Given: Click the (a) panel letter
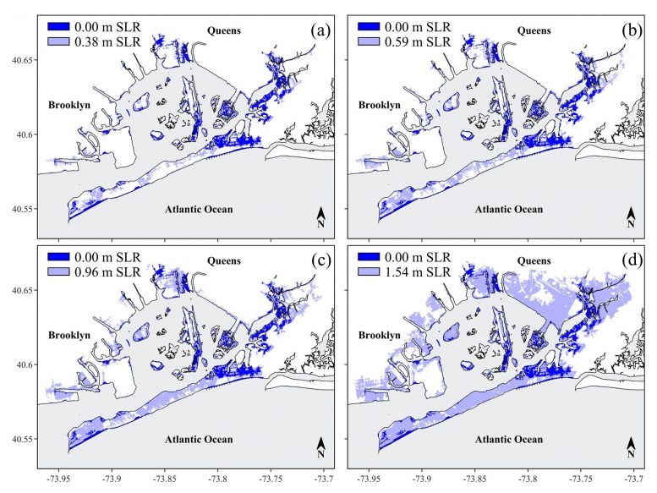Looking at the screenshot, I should click(x=320, y=31).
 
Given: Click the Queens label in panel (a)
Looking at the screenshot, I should click(x=224, y=30).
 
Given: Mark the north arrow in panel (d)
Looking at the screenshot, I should click(x=631, y=447).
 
